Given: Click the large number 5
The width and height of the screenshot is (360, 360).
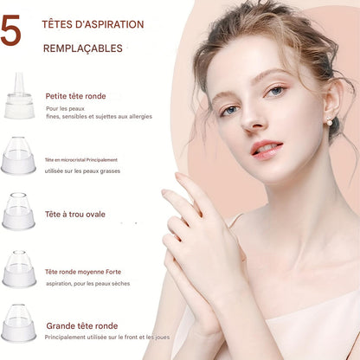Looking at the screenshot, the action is [x=10, y=30].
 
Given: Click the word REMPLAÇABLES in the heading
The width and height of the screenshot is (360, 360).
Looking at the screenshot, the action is [x=83, y=48].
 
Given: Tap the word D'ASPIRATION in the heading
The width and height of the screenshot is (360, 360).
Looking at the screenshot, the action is [x=109, y=24].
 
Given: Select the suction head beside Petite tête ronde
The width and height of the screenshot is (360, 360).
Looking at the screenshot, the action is [x=19, y=95].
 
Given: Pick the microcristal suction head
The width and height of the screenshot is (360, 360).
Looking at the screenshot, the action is [x=18, y=156].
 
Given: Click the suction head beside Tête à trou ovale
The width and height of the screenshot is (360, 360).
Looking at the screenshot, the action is [x=18, y=211].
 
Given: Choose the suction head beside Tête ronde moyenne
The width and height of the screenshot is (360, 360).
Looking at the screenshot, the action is [x=19, y=268].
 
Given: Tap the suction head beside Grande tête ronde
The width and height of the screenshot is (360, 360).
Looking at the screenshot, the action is [x=19, y=323].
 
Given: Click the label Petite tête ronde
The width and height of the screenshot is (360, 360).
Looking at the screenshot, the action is [x=75, y=96].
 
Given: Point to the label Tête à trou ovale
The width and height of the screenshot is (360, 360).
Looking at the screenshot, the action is [x=75, y=215].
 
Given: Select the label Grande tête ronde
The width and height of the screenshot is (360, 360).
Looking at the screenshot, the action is [x=82, y=326].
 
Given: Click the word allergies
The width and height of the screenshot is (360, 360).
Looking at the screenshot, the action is [x=140, y=117].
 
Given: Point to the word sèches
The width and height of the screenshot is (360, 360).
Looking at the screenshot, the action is [x=120, y=284].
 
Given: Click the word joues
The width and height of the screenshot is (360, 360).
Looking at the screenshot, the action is [x=162, y=337].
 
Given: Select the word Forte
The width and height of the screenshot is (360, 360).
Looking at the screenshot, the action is [x=113, y=272].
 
